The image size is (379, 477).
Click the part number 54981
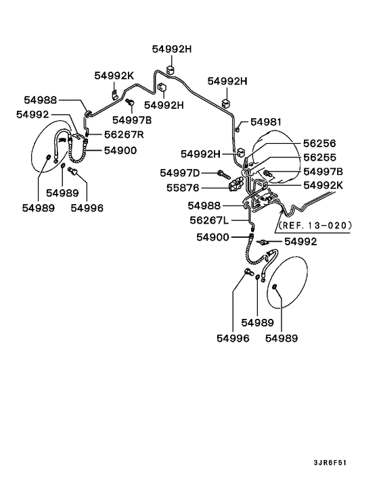(266, 122)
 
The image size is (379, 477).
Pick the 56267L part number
(209, 220)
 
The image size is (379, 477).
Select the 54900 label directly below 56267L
(215, 236)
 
